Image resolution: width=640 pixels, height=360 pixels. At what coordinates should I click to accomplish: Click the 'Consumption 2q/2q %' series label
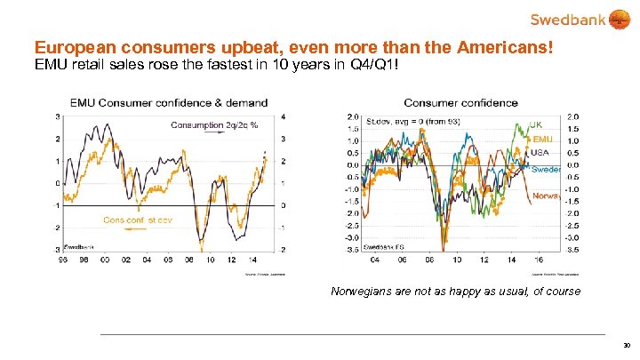[x=213, y=125]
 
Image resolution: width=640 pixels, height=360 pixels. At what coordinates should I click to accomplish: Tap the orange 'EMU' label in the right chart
[x=542, y=140]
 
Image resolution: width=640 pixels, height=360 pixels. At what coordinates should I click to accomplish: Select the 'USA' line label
[x=540, y=152]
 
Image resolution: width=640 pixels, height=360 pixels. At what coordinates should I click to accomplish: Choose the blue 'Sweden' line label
[x=545, y=169]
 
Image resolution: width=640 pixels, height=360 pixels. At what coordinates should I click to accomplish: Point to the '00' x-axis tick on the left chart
[x=107, y=260]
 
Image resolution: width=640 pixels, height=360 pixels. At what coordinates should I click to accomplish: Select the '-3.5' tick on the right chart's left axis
[x=351, y=250]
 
